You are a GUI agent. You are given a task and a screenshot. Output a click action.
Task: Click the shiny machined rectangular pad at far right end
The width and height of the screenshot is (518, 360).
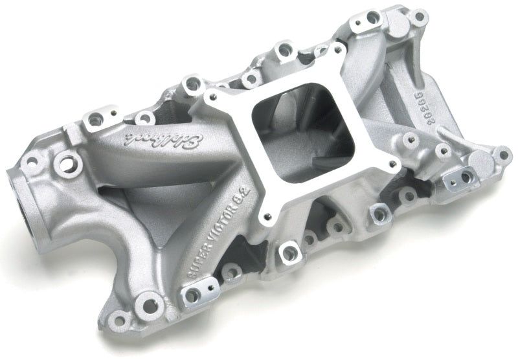464,177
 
